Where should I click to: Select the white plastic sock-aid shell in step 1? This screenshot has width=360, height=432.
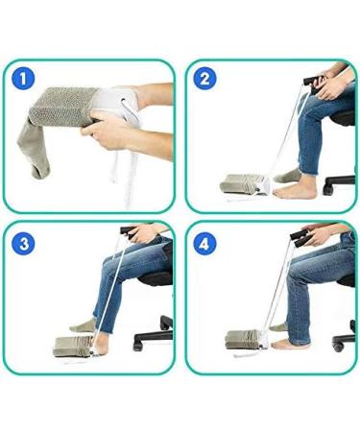click(x=117, y=105)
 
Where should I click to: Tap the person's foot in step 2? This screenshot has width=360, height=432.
click(x=287, y=175)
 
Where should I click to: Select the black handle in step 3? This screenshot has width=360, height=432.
click(x=129, y=230)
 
